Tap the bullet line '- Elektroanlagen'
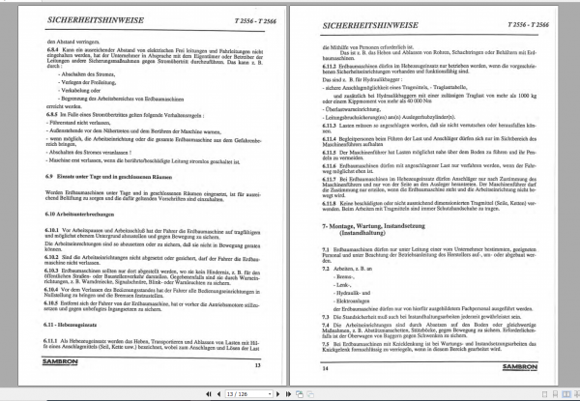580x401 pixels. pos(358,318)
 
